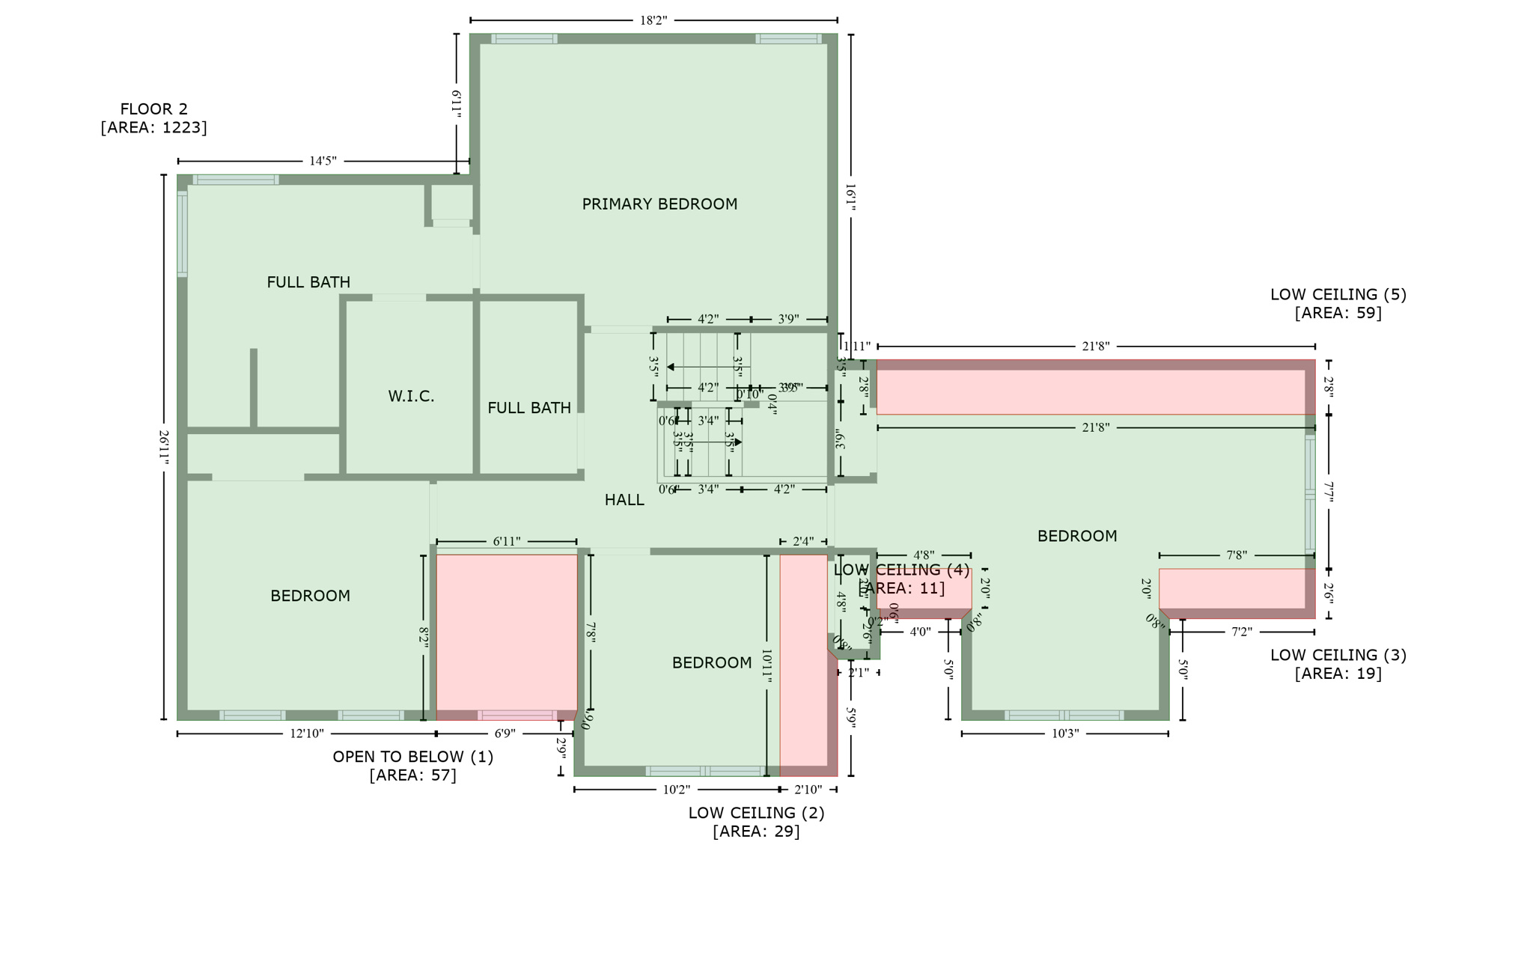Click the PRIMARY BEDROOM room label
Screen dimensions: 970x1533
[659, 204]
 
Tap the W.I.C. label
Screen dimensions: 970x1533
[411, 397]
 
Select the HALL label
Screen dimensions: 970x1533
[624, 500]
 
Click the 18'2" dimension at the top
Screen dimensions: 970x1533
[653, 20]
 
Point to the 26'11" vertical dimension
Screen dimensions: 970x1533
[163, 447]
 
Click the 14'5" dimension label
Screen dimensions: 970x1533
[323, 161]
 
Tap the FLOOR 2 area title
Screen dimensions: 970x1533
[153, 118]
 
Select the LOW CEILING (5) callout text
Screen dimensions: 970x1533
[1338, 303]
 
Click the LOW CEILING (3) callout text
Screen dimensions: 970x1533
[1338, 664]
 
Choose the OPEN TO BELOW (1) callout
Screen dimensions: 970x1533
[412, 766]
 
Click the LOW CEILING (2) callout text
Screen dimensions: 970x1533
[756, 822]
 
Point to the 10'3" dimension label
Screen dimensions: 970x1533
[1064, 733]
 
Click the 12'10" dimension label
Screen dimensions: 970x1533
[307, 733]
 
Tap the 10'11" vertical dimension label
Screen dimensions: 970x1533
[766, 665]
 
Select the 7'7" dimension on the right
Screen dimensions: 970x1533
[1329, 492]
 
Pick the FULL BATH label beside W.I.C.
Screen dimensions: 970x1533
[528, 408]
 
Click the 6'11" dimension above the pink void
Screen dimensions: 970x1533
[507, 541]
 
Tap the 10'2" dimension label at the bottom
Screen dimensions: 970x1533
[676, 790]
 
